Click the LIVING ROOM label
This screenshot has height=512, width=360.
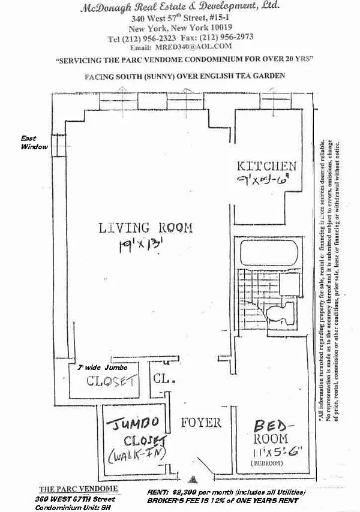click(x=146, y=228)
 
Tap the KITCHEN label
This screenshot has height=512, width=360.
click(x=267, y=166)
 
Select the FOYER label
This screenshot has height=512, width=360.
click(x=201, y=423)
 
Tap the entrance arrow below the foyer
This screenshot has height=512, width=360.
click(x=193, y=478)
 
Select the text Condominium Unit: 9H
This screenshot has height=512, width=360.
click(x=68, y=507)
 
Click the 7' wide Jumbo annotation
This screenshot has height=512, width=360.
click(x=98, y=367)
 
